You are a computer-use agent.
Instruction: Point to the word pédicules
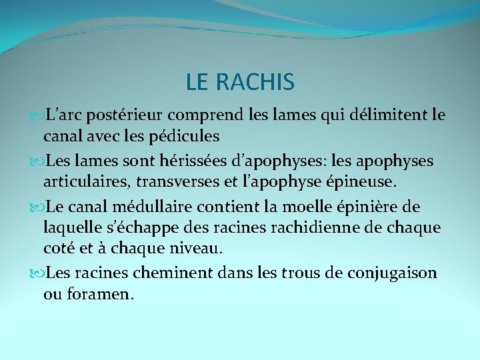[x=186, y=137]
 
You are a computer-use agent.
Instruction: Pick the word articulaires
[x=85, y=182]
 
